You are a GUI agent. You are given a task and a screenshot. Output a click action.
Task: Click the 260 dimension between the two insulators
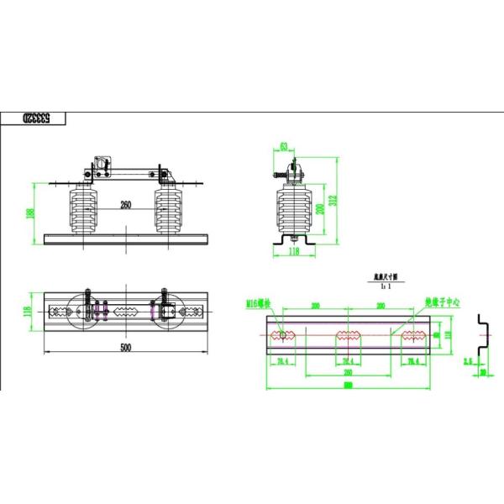tap(126, 204)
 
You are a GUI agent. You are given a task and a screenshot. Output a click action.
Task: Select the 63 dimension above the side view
tap(284, 147)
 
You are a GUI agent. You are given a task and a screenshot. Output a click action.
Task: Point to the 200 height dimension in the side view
tap(319, 208)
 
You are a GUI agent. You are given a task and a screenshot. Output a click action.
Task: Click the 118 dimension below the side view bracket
tap(293, 249)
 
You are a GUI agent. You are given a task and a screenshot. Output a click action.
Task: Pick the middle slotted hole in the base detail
tap(348, 336)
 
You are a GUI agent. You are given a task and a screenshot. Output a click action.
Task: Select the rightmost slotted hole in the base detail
tap(412, 336)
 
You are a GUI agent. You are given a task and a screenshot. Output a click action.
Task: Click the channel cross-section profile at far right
tap(482, 336)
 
